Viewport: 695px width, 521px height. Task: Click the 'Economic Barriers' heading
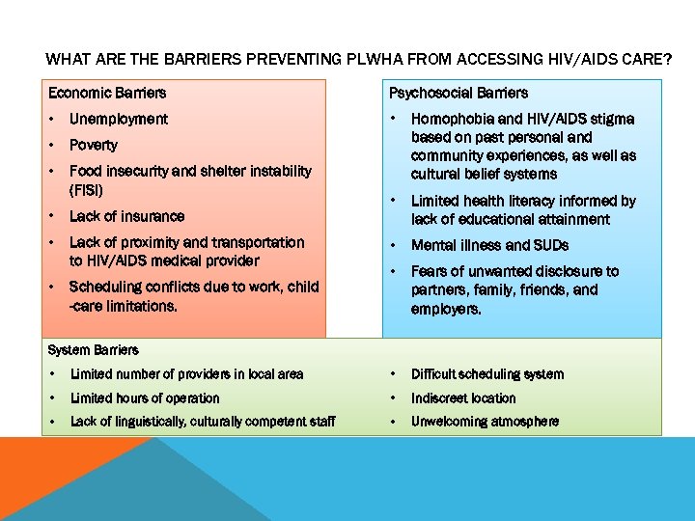(x=107, y=93)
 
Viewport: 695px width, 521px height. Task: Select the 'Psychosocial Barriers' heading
(x=458, y=93)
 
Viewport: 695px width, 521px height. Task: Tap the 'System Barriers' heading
(x=93, y=349)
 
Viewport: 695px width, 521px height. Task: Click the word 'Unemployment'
(x=118, y=119)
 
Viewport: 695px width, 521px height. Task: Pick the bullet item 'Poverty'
(x=93, y=145)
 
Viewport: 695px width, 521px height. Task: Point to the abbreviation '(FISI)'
(x=86, y=189)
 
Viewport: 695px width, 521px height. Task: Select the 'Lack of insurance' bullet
(x=126, y=216)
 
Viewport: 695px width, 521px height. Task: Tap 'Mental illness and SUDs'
(x=489, y=245)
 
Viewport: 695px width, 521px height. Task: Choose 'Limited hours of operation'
(x=145, y=398)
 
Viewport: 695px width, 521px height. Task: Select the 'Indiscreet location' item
(x=463, y=398)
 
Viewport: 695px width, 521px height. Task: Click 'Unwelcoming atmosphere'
(x=485, y=421)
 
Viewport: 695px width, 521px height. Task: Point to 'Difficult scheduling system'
(x=487, y=373)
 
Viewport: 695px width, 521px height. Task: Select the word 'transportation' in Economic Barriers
(x=253, y=242)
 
